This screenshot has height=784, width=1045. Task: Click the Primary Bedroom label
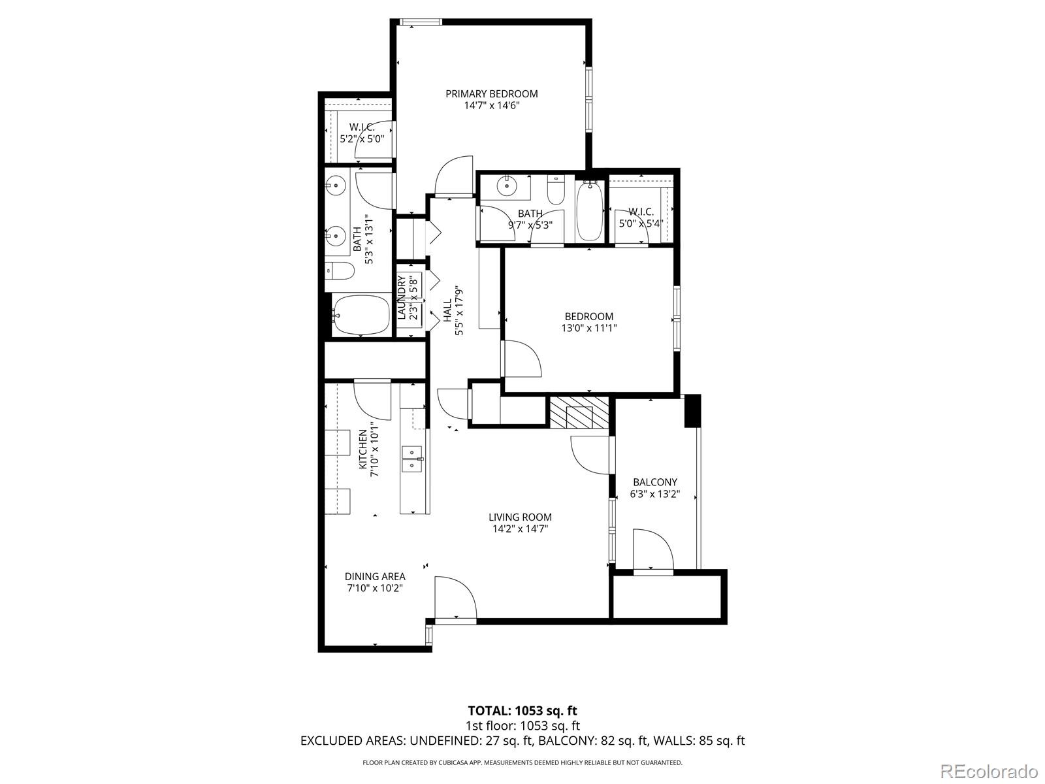(491, 94)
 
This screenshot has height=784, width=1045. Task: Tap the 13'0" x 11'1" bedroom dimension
(589, 328)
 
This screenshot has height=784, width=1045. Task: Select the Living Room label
(520, 517)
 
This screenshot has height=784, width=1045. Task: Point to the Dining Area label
(375, 576)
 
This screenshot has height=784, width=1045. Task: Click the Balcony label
(654, 482)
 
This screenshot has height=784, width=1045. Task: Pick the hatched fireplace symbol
(579, 412)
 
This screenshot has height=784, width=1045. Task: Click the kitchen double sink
(412, 459)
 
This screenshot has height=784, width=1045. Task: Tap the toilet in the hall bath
(555, 190)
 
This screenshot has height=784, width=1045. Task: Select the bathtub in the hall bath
(589, 212)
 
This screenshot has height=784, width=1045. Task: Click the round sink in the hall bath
(507, 186)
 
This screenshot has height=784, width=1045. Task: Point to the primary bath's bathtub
(360, 315)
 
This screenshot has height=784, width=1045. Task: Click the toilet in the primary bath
(340, 271)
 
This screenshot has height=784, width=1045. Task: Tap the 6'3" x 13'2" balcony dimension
(654, 494)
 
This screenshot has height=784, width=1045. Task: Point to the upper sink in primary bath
(337, 185)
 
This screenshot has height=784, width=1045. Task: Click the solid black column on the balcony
(693, 411)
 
